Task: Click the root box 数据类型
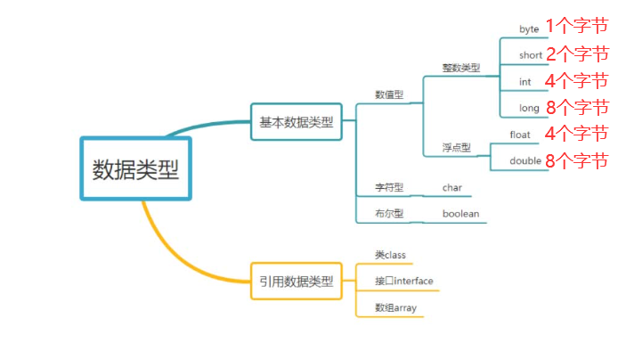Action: (x=136, y=169)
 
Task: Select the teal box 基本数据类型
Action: (x=297, y=121)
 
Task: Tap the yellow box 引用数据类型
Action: (x=297, y=282)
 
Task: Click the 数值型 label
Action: (x=389, y=94)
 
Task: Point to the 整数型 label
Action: (x=460, y=67)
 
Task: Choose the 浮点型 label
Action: (x=456, y=147)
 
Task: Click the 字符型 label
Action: (x=389, y=188)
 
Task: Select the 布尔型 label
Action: (x=389, y=214)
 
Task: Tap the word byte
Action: (x=530, y=29)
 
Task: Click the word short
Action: (x=531, y=55)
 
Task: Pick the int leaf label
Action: (x=525, y=82)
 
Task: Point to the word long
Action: (x=530, y=108)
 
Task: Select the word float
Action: (x=520, y=135)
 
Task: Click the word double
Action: (x=524, y=161)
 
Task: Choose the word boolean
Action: (x=460, y=214)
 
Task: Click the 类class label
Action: (x=390, y=255)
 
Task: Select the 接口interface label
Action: (x=404, y=282)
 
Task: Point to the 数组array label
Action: (x=395, y=308)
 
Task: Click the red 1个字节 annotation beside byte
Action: (x=576, y=28)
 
